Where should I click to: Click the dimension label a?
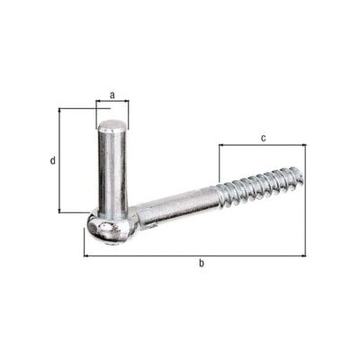click(112, 95)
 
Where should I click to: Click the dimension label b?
click(202, 263)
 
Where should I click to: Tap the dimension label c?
click(263, 138)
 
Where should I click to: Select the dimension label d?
click(53, 161)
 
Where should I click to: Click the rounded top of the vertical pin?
click(112, 125)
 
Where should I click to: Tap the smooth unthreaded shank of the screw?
click(177, 207)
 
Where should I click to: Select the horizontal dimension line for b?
click(194, 256)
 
